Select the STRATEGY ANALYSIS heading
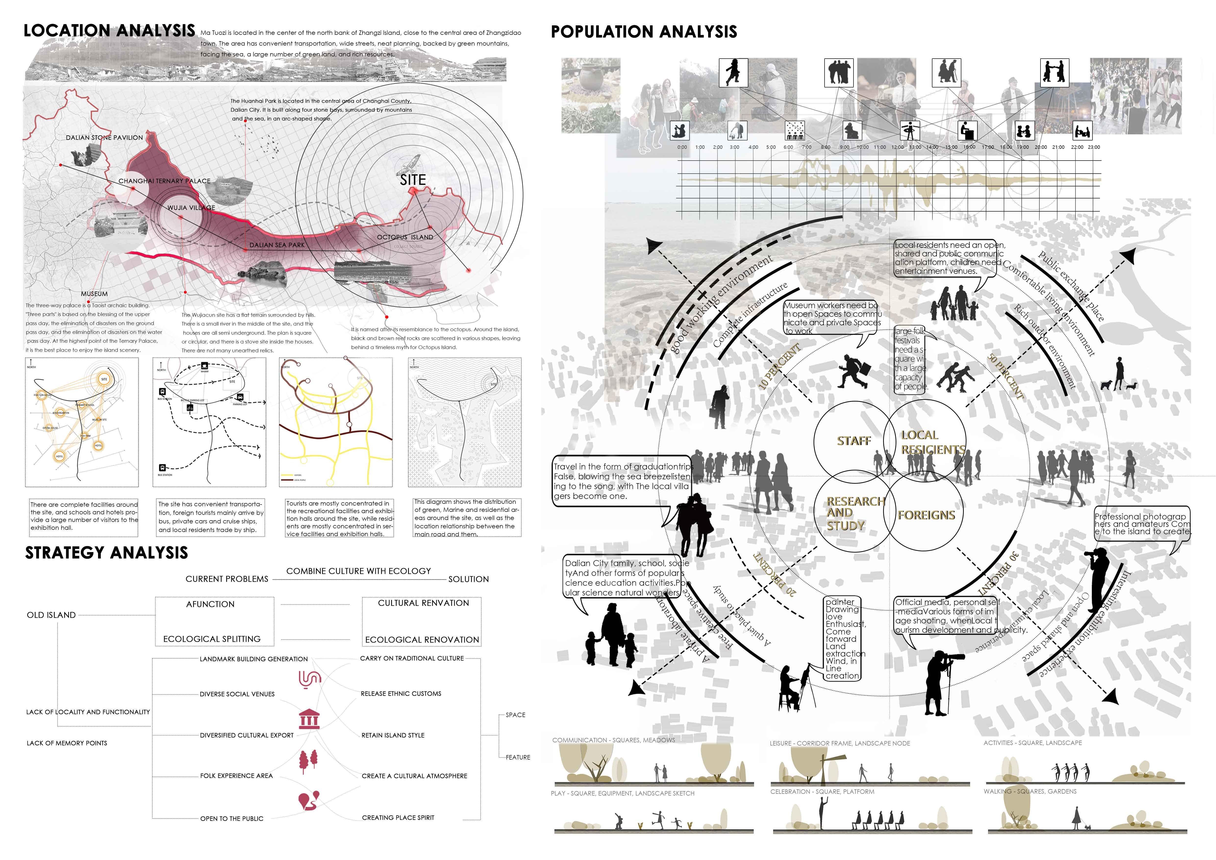point(106,553)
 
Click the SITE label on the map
point(413,180)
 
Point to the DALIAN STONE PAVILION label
point(104,138)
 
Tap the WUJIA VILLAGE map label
point(191,208)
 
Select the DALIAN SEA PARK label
point(277,245)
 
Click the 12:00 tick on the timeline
point(897,147)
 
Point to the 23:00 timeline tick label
point(1094,147)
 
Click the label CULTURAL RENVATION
point(423,603)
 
